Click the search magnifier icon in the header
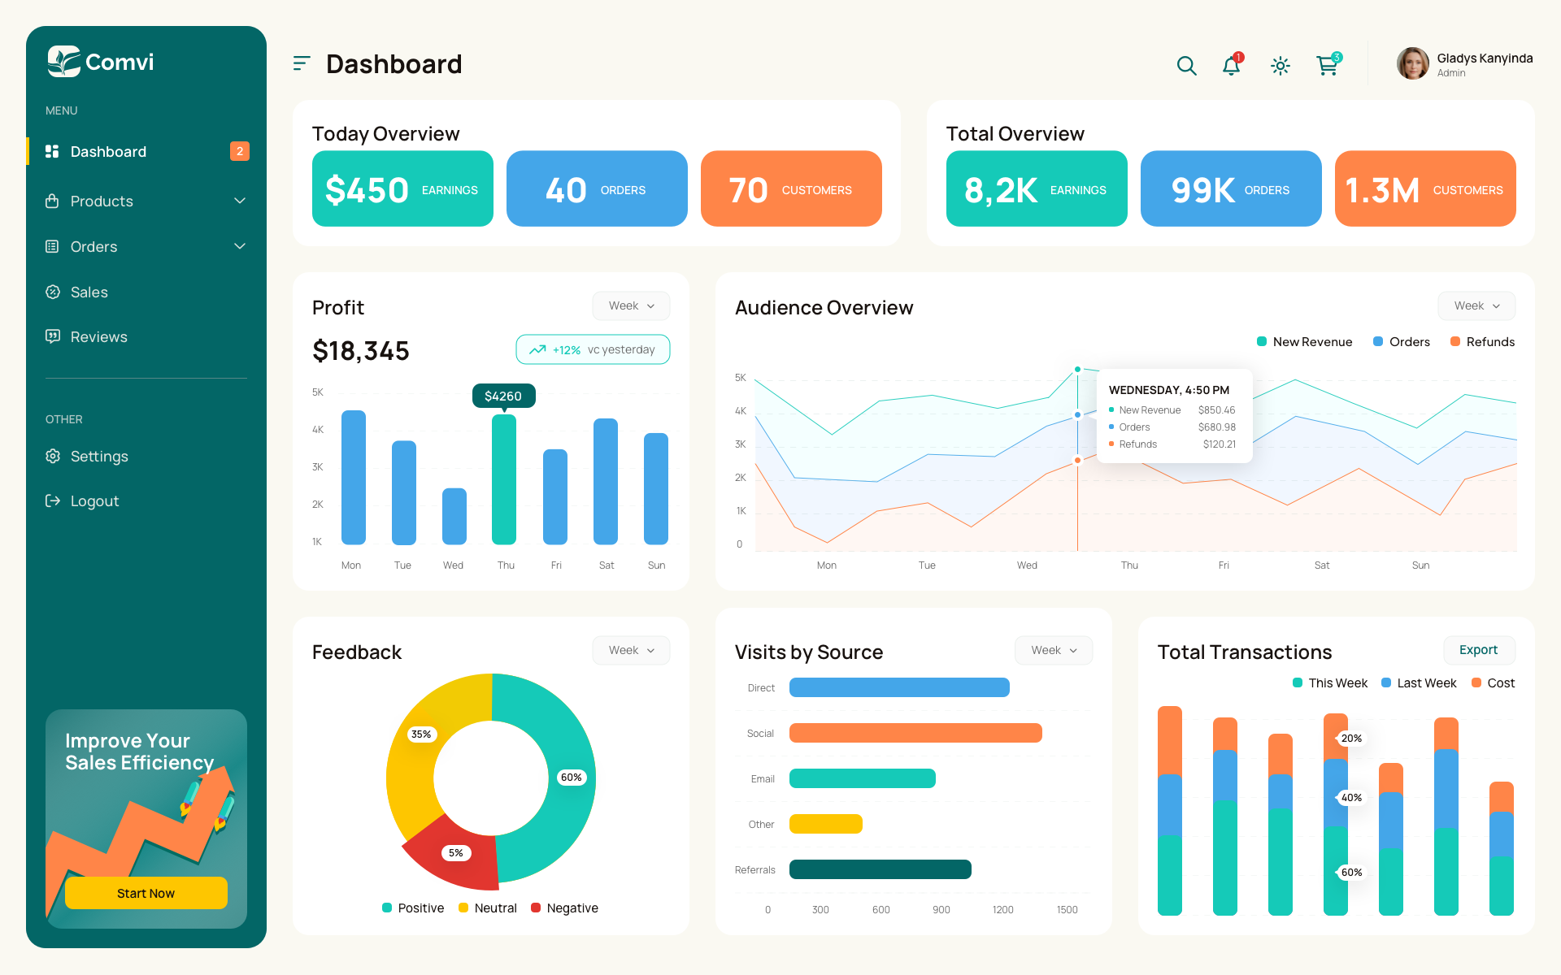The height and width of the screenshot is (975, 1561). pyautogui.click(x=1186, y=66)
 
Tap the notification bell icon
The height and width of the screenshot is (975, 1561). pyautogui.click(x=1232, y=66)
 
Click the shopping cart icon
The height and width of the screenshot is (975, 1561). pyautogui.click(x=1327, y=66)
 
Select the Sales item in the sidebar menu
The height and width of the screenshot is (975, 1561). pyautogui.click(x=89, y=292)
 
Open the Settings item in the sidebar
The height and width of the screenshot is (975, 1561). pyautogui.click(x=98, y=456)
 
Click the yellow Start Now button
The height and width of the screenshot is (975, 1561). pyautogui.click(x=146, y=893)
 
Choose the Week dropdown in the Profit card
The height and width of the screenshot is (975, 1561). pyautogui.click(x=631, y=305)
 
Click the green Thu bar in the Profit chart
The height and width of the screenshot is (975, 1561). pyautogui.click(x=504, y=479)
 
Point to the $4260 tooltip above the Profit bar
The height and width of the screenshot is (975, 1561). pyautogui.click(x=503, y=396)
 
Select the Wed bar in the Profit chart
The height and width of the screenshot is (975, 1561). pyautogui.click(x=454, y=516)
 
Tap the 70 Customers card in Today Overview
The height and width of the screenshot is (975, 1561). pyautogui.click(x=791, y=188)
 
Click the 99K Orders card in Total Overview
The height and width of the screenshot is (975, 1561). pyautogui.click(x=1230, y=188)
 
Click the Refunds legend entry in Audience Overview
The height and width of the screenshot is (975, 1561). pyautogui.click(x=1482, y=342)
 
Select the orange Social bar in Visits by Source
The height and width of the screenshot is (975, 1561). pyautogui.click(x=915, y=733)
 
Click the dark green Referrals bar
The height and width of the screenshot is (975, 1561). pyautogui.click(x=880, y=869)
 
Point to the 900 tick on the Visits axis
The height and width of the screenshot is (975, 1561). pyautogui.click(x=941, y=910)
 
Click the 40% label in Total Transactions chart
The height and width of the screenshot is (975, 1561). pyautogui.click(x=1351, y=798)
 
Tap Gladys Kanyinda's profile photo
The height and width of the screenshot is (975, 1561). pyautogui.click(x=1413, y=63)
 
